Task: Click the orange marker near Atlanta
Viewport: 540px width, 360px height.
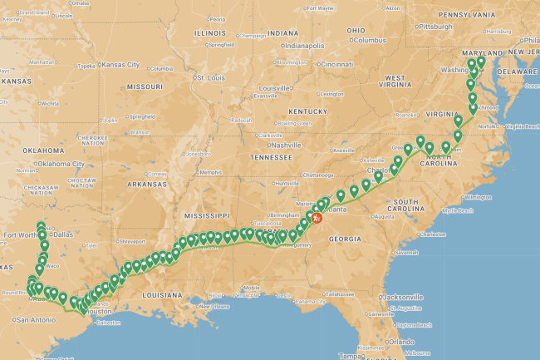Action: point(317,219)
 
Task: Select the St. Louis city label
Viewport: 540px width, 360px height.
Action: point(211,78)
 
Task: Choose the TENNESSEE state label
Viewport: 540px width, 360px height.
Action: point(274,157)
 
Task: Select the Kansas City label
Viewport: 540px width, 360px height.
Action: point(121,64)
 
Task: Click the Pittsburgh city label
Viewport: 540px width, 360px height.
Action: point(435,26)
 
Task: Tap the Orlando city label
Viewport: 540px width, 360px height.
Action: point(404,342)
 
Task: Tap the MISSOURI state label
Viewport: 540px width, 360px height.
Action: point(144,86)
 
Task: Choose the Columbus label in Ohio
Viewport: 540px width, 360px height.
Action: point(369,40)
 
